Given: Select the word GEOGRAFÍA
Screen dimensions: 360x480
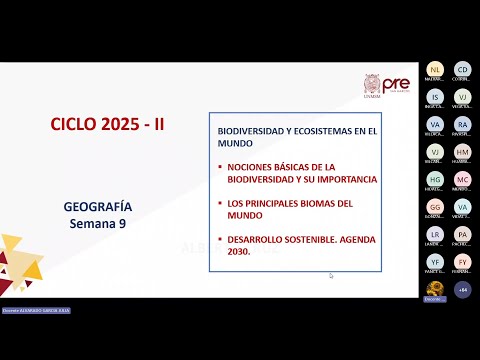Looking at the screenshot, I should click(x=98, y=207).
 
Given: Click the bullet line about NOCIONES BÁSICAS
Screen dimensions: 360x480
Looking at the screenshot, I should click(x=301, y=172).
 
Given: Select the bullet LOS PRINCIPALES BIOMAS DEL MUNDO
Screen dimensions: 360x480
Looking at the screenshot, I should click(x=290, y=208).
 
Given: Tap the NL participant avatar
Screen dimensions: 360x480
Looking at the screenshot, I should click(x=435, y=69).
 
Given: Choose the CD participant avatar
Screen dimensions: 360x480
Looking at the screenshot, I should click(x=462, y=69).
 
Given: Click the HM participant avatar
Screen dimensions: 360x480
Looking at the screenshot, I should click(x=462, y=152).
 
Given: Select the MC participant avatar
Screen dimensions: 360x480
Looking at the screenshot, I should click(x=462, y=180).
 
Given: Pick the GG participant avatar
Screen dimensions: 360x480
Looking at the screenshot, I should click(x=435, y=207).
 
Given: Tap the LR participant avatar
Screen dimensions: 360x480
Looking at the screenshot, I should click(x=435, y=234).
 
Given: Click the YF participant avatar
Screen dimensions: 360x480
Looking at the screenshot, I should click(x=435, y=262).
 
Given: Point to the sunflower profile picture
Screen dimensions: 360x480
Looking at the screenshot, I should click(x=435, y=289).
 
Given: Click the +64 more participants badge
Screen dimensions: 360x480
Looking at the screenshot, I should click(x=462, y=289).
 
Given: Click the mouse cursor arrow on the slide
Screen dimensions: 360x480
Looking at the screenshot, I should click(x=330, y=276).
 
